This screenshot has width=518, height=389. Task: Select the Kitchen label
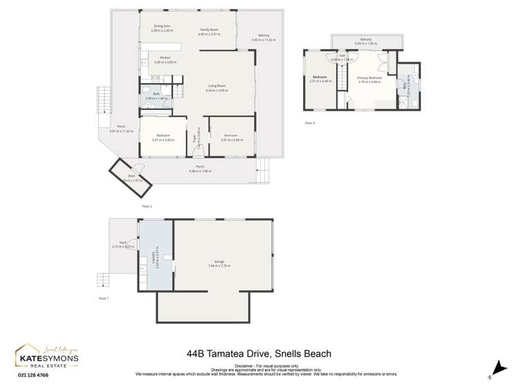coord(165,57)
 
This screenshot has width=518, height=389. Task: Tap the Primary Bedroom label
coord(369,78)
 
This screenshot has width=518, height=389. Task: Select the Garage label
coord(219,262)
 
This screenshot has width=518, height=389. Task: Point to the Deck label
coord(122,243)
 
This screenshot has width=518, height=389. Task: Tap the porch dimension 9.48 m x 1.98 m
coord(199,170)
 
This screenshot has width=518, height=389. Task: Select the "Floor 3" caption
coord(309,123)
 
